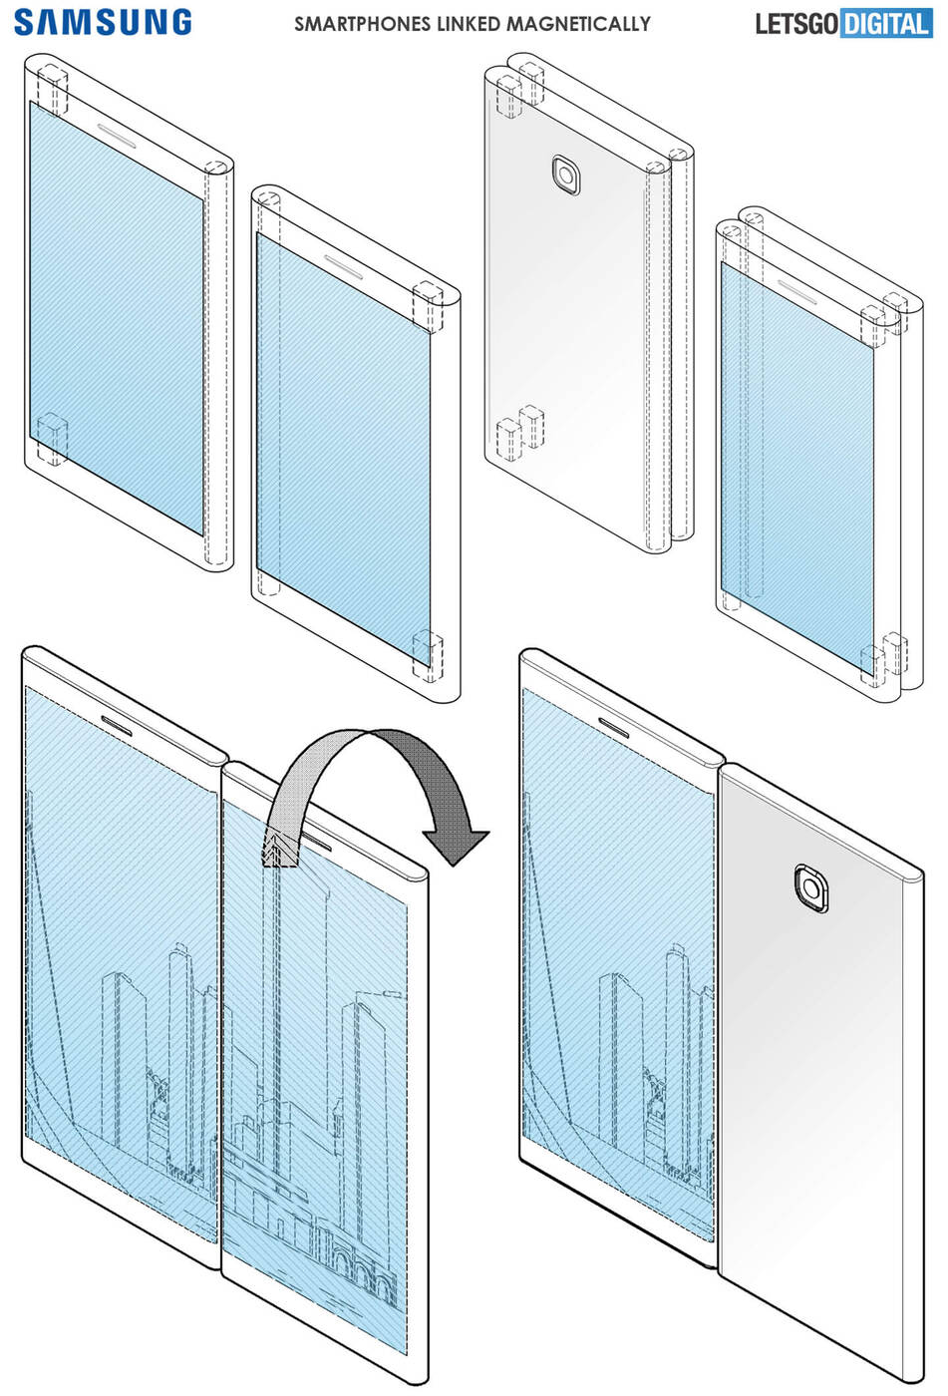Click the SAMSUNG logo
pyautogui.click(x=103, y=22)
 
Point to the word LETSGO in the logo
pyautogui.click(x=795, y=23)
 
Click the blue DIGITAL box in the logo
pyautogui.click(x=886, y=23)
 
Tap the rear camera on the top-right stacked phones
pyautogui.click(x=566, y=175)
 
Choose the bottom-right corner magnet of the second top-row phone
pyautogui.click(x=428, y=653)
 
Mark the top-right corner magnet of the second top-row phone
pyautogui.click(x=428, y=304)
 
